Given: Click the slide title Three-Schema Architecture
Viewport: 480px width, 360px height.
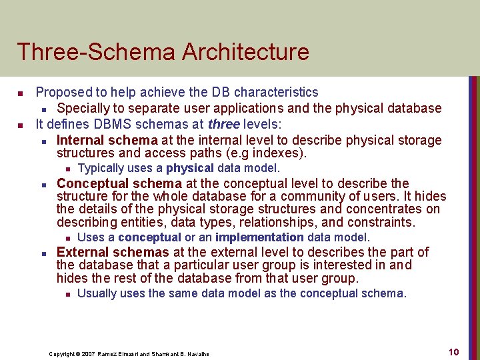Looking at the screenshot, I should click(163, 52).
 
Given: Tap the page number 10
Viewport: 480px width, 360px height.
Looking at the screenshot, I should click(453, 352).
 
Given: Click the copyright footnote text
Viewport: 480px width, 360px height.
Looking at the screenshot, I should click(129, 353).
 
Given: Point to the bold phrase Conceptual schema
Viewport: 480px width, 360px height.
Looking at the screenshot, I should click(119, 183).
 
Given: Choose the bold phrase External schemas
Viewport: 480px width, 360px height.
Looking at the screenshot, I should click(113, 252).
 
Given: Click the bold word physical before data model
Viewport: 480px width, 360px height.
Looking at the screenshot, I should click(189, 168).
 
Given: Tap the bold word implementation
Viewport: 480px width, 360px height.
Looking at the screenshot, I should click(259, 237).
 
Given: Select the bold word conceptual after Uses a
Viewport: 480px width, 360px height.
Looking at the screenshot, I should click(149, 237).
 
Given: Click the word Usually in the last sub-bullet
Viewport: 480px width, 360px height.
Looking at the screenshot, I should click(97, 293).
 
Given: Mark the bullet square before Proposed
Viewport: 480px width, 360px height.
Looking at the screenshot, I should click(21, 93).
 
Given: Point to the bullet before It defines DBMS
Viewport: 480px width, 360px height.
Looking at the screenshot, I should click(21, 124).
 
